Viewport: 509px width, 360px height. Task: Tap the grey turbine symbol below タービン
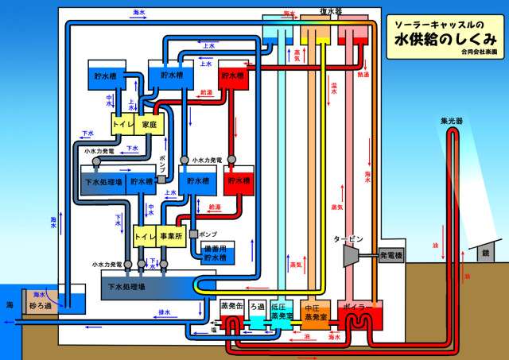pyautogui.click(x=348, y=256)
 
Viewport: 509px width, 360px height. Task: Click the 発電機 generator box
pyautogui.click(x=390, y=256)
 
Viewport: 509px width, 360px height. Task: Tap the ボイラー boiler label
pyautogui.click(x=354, y=306)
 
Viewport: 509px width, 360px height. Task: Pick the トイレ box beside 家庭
pyautogui.click(x=122, y=125)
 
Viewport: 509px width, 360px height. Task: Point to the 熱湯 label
pyautogui.click(x=363, y=75)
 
